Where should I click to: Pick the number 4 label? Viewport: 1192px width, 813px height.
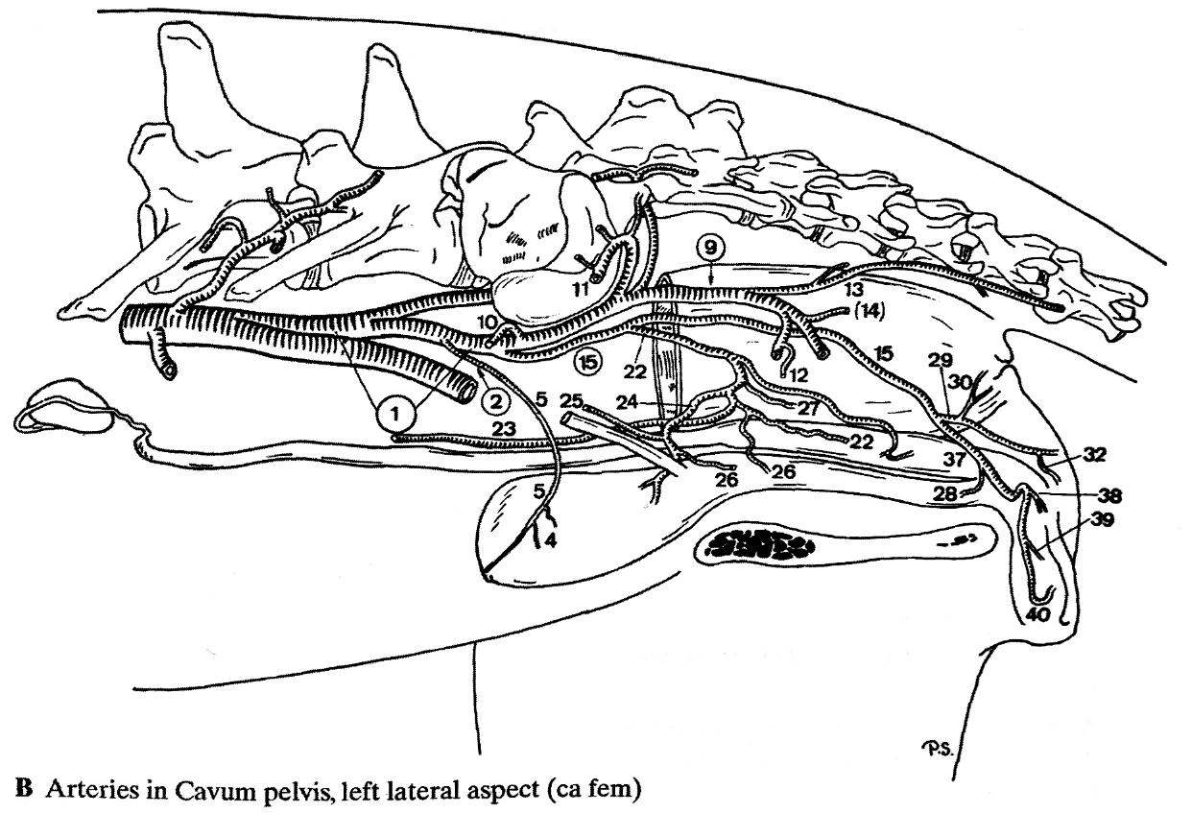click(551, 539)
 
